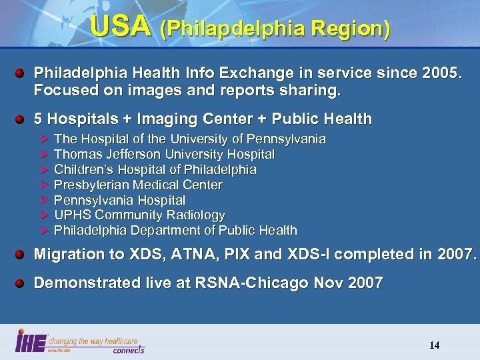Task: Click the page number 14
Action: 434,345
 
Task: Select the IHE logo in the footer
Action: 31,341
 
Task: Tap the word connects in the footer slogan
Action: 128,349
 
